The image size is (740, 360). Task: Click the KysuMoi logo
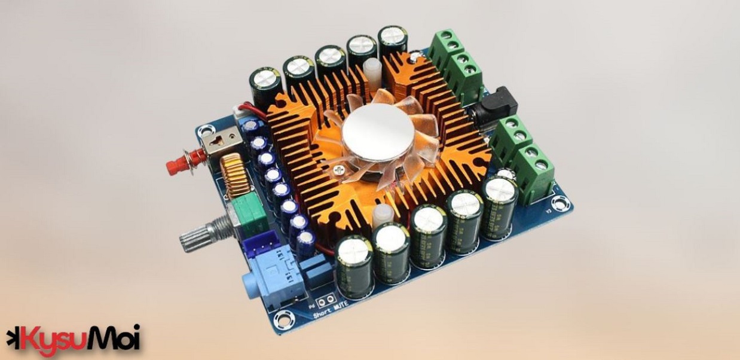pyautogui.click(x=73, y=338)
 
